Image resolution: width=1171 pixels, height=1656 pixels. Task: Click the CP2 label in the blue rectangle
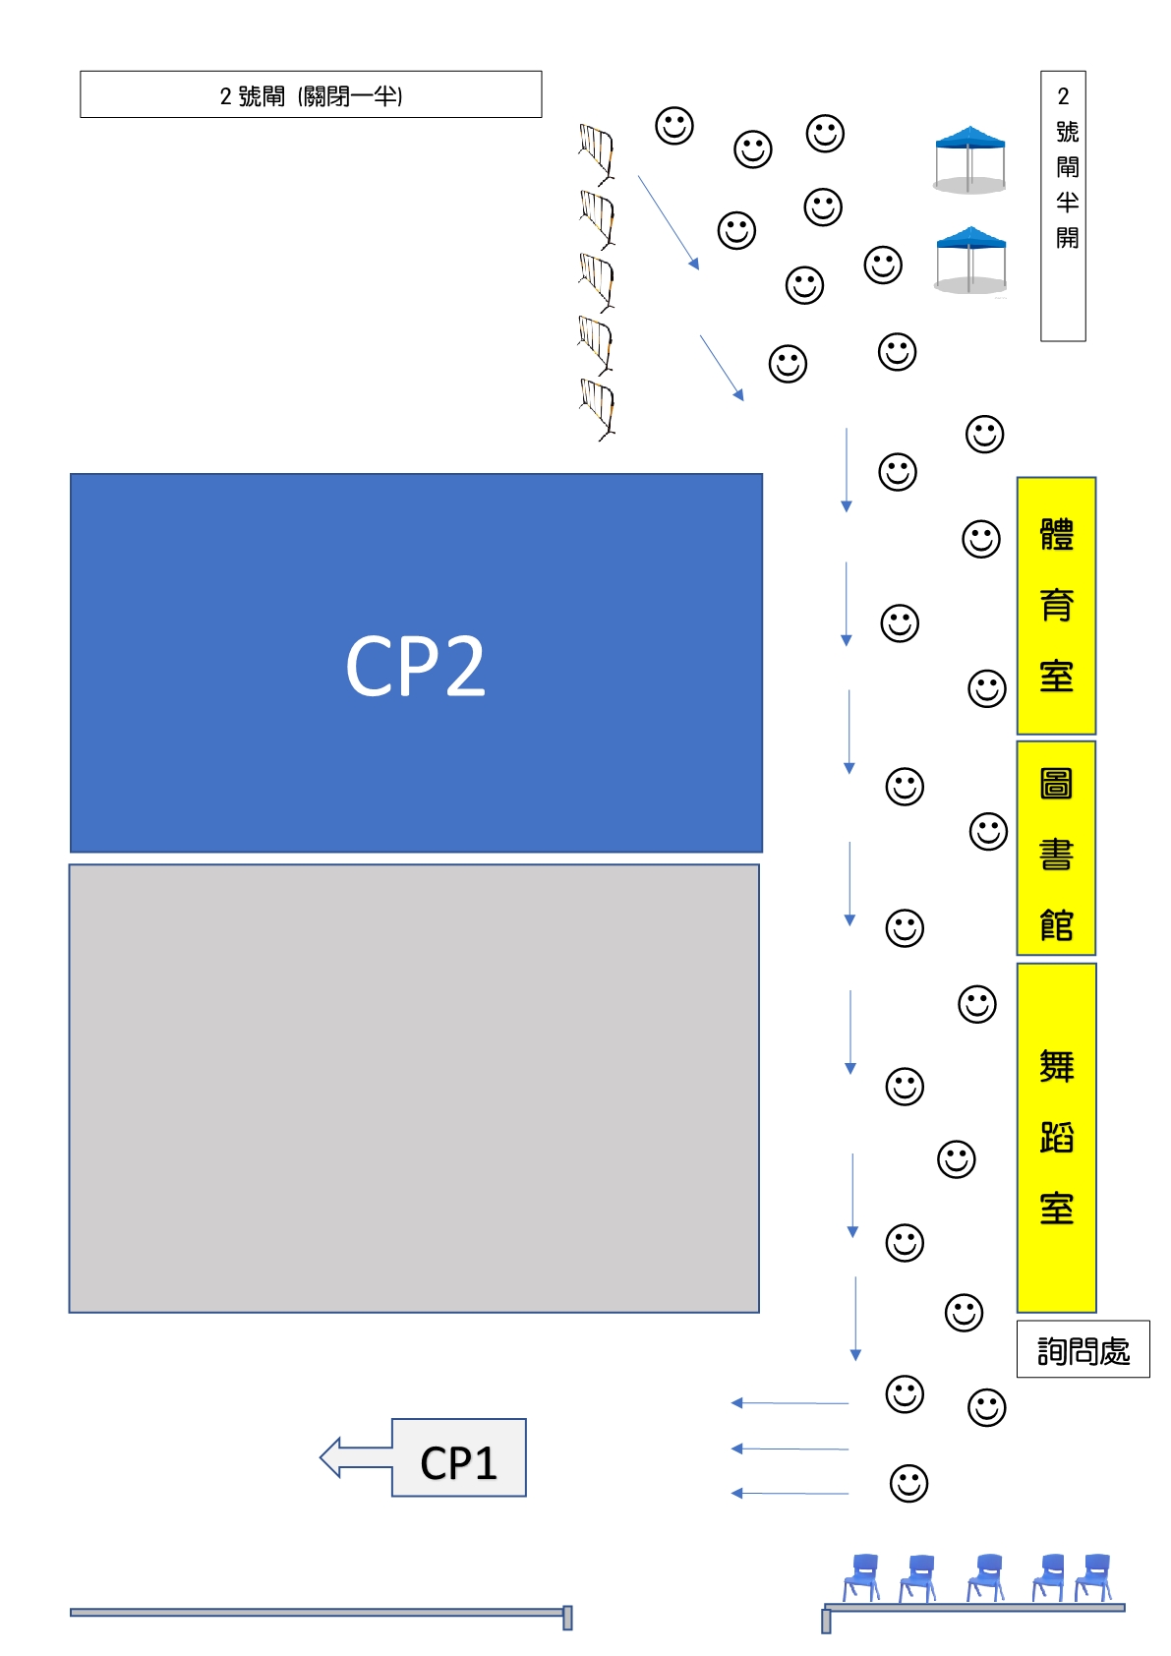coord(415,666)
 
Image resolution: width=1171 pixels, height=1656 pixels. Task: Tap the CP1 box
coord(458,1458)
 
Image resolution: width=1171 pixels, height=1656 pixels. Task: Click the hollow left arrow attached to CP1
coord(356,1458)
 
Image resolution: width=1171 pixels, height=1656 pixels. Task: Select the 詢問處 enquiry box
coord(1083,1348)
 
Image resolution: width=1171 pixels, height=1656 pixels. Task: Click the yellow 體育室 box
coord(1056,606)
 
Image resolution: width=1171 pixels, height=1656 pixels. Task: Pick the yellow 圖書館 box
coord(1056,848)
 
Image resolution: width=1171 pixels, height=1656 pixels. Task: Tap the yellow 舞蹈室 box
coord(1056,1138)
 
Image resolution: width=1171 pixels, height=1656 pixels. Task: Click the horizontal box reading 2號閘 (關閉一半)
coord(311,94)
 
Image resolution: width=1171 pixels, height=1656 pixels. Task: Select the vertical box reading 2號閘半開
coord(1063,206)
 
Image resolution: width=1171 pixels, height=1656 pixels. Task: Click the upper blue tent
coord(969,159)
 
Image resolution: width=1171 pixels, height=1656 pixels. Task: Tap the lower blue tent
coord(970,260)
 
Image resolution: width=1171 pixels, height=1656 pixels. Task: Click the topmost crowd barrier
coord(597,153)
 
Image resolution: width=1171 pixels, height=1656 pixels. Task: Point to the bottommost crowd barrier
coord(597,409)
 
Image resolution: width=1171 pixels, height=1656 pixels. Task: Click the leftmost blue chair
coord(862,1577)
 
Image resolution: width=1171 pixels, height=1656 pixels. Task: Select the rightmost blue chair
coord(1093,1577)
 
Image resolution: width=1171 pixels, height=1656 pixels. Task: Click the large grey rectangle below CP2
coord(414,1089)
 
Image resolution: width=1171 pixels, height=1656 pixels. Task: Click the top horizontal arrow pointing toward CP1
coord(790,1402)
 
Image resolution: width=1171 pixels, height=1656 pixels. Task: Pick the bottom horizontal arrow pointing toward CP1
coord(790,1494)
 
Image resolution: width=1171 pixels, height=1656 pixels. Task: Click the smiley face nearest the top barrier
coord(674,125)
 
